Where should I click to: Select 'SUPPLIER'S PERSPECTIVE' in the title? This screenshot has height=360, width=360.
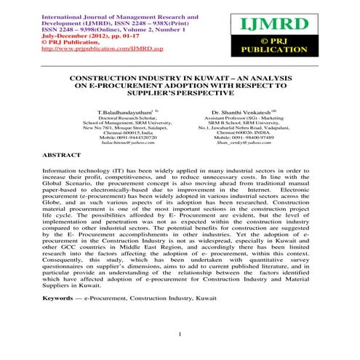(177, 94)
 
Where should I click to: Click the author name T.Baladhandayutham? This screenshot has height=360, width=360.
(118, 113)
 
